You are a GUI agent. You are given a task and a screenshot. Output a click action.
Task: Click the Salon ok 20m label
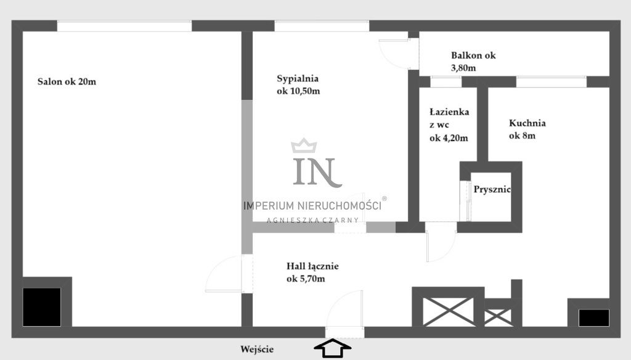(67, 82)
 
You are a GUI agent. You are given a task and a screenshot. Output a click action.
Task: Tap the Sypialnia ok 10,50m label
(298, 84)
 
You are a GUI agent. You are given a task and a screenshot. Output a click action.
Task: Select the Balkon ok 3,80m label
(473, 62)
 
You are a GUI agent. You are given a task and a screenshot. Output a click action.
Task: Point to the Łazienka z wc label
(449, 125)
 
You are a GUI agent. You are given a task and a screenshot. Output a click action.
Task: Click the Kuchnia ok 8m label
(527, 129)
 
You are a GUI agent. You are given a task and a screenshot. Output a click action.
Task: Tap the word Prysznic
(492, 189)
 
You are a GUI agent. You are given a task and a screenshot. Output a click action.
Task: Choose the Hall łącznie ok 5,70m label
(312, 272)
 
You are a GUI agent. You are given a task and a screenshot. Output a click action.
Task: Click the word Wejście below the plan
(257, 349)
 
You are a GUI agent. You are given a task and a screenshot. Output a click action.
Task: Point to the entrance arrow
(332, 348)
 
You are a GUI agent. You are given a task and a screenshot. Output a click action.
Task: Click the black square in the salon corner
(42, 307)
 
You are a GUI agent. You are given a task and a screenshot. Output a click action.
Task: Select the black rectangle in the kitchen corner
(593, 317)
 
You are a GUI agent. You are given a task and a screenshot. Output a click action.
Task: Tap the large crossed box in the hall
(448, 312)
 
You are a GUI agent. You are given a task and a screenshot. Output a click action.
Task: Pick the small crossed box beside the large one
(498, 317)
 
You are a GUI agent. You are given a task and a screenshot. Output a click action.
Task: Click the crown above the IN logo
(304, 145)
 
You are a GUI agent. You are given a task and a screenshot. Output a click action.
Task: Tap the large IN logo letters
(317, 172)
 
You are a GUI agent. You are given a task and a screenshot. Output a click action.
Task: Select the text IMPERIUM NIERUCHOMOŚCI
(312, 206)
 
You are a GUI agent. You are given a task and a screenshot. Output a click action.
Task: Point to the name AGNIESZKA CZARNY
(312, 220)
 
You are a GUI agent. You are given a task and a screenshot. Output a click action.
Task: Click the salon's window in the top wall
(124, 26)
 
